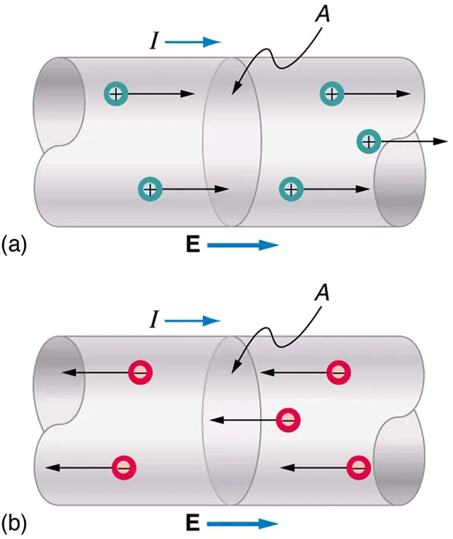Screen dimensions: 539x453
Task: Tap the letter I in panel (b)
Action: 153,320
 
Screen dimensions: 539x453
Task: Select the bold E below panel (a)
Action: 193,246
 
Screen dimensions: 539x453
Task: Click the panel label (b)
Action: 14,522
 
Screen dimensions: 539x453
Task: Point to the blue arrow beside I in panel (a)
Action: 193,43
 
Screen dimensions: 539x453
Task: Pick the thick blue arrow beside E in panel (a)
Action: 243,246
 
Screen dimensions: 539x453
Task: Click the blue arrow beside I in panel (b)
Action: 193,320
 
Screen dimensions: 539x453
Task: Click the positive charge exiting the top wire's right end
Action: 369,141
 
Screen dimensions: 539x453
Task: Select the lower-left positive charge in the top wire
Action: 149,189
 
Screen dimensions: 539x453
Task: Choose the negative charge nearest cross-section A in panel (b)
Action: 288,419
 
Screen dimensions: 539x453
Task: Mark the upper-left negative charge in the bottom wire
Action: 140,372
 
